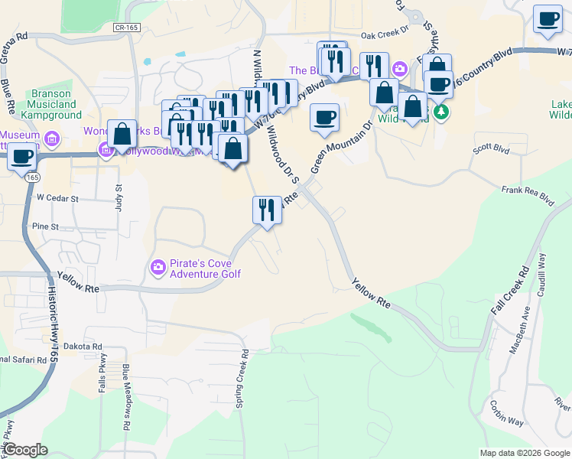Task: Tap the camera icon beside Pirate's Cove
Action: (x=158, y=266)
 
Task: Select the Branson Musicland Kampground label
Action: (x=56, y=104)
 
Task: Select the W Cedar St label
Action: (x=58, y=197)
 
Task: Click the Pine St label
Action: (x=46, y=226)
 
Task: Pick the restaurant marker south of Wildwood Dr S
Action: (x=267, y=209)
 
